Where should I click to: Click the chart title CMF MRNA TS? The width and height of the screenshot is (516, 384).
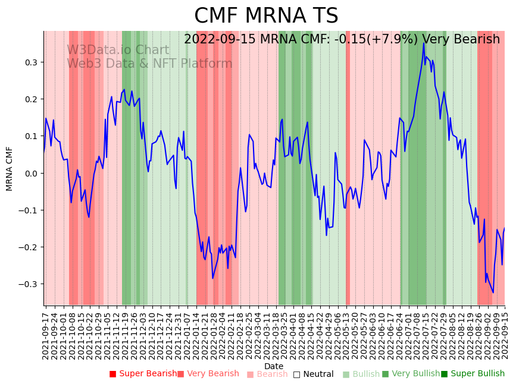point(266,16)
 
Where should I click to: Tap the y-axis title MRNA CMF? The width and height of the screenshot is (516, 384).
point(10,169)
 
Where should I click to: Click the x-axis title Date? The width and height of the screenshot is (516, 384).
point(274,366)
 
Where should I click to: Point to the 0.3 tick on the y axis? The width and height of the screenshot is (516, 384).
point(30,62)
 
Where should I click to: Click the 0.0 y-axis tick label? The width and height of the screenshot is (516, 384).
point(30,174)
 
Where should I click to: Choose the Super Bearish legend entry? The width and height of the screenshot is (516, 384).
point(143,374)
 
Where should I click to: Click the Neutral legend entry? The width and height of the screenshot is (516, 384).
point(313,374)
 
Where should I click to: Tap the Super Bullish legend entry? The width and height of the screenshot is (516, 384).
point(473,374)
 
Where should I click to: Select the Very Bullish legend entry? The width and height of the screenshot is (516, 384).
point(410,374)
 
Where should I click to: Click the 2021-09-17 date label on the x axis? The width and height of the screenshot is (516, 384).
point(46,333)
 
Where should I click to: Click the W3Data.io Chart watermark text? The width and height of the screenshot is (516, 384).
point(118,50)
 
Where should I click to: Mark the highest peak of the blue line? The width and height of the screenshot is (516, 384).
point(424,43)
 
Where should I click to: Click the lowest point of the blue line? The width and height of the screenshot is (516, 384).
point(493,292)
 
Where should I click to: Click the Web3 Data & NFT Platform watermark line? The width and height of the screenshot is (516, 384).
point(149,64)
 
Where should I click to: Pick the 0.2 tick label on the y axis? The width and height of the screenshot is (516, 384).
point(30,99)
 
